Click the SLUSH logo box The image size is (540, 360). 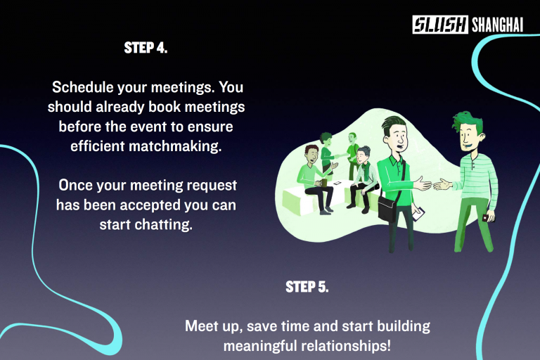(x=439, y=25)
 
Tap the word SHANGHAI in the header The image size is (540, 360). (x=497, y=25)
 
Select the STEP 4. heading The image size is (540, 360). (x=146, y=48)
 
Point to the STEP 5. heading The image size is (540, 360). (x=307, y=287)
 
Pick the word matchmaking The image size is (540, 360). (x=175, y=146)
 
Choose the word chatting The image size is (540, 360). (x=163, y=224)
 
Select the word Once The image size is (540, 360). (x=75, y=186)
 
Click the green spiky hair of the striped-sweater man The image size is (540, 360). (x=468, y=120)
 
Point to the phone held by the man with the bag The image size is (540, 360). (x=418, y=214)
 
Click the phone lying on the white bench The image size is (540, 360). (x=337, y=183)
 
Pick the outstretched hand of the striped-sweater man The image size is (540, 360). (x=442, y=185)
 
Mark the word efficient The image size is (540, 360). (x=98, y=146)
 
